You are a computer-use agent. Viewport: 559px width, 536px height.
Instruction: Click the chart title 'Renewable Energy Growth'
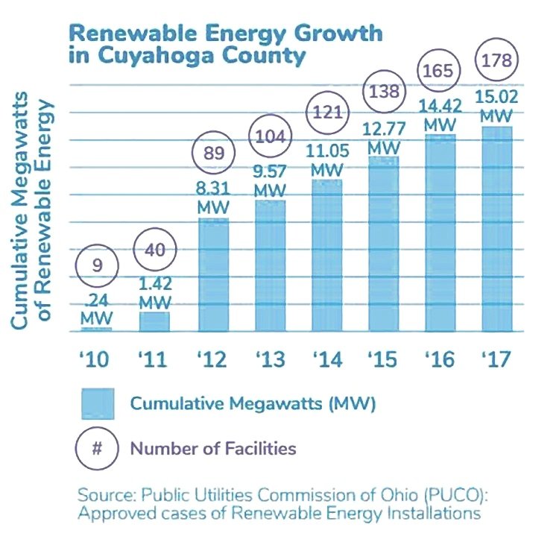[225, 34]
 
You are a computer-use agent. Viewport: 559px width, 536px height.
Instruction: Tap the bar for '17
[496, 228]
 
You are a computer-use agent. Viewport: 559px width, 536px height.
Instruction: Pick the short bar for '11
[154, 321]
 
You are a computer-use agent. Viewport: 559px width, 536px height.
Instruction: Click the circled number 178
[496, 61]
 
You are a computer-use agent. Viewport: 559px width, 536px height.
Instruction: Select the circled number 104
[270, 138]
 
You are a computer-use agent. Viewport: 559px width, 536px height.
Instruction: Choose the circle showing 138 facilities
[385, 92]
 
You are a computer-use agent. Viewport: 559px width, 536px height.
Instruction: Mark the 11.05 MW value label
[326, 160]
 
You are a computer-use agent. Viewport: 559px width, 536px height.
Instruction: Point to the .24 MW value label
[97, 309]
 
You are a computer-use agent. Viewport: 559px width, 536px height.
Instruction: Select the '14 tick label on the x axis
[326, 359]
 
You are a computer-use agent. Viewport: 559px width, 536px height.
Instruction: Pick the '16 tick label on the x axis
[440, 359]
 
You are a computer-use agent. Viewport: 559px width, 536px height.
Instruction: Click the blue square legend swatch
[97, 404]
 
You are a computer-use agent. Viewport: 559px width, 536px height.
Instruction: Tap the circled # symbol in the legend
[97, 448]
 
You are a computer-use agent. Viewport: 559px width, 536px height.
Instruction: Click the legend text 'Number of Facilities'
[214, 448]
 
